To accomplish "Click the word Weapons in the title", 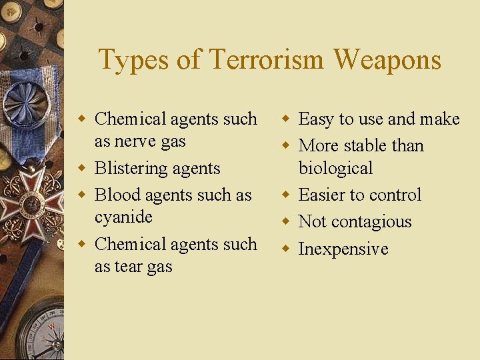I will (387, 59).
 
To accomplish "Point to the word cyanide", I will (123, 217).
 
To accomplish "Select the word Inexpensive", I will (343, 249).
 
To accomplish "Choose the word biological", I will (335, 168).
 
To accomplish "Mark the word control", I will (393, 195).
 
